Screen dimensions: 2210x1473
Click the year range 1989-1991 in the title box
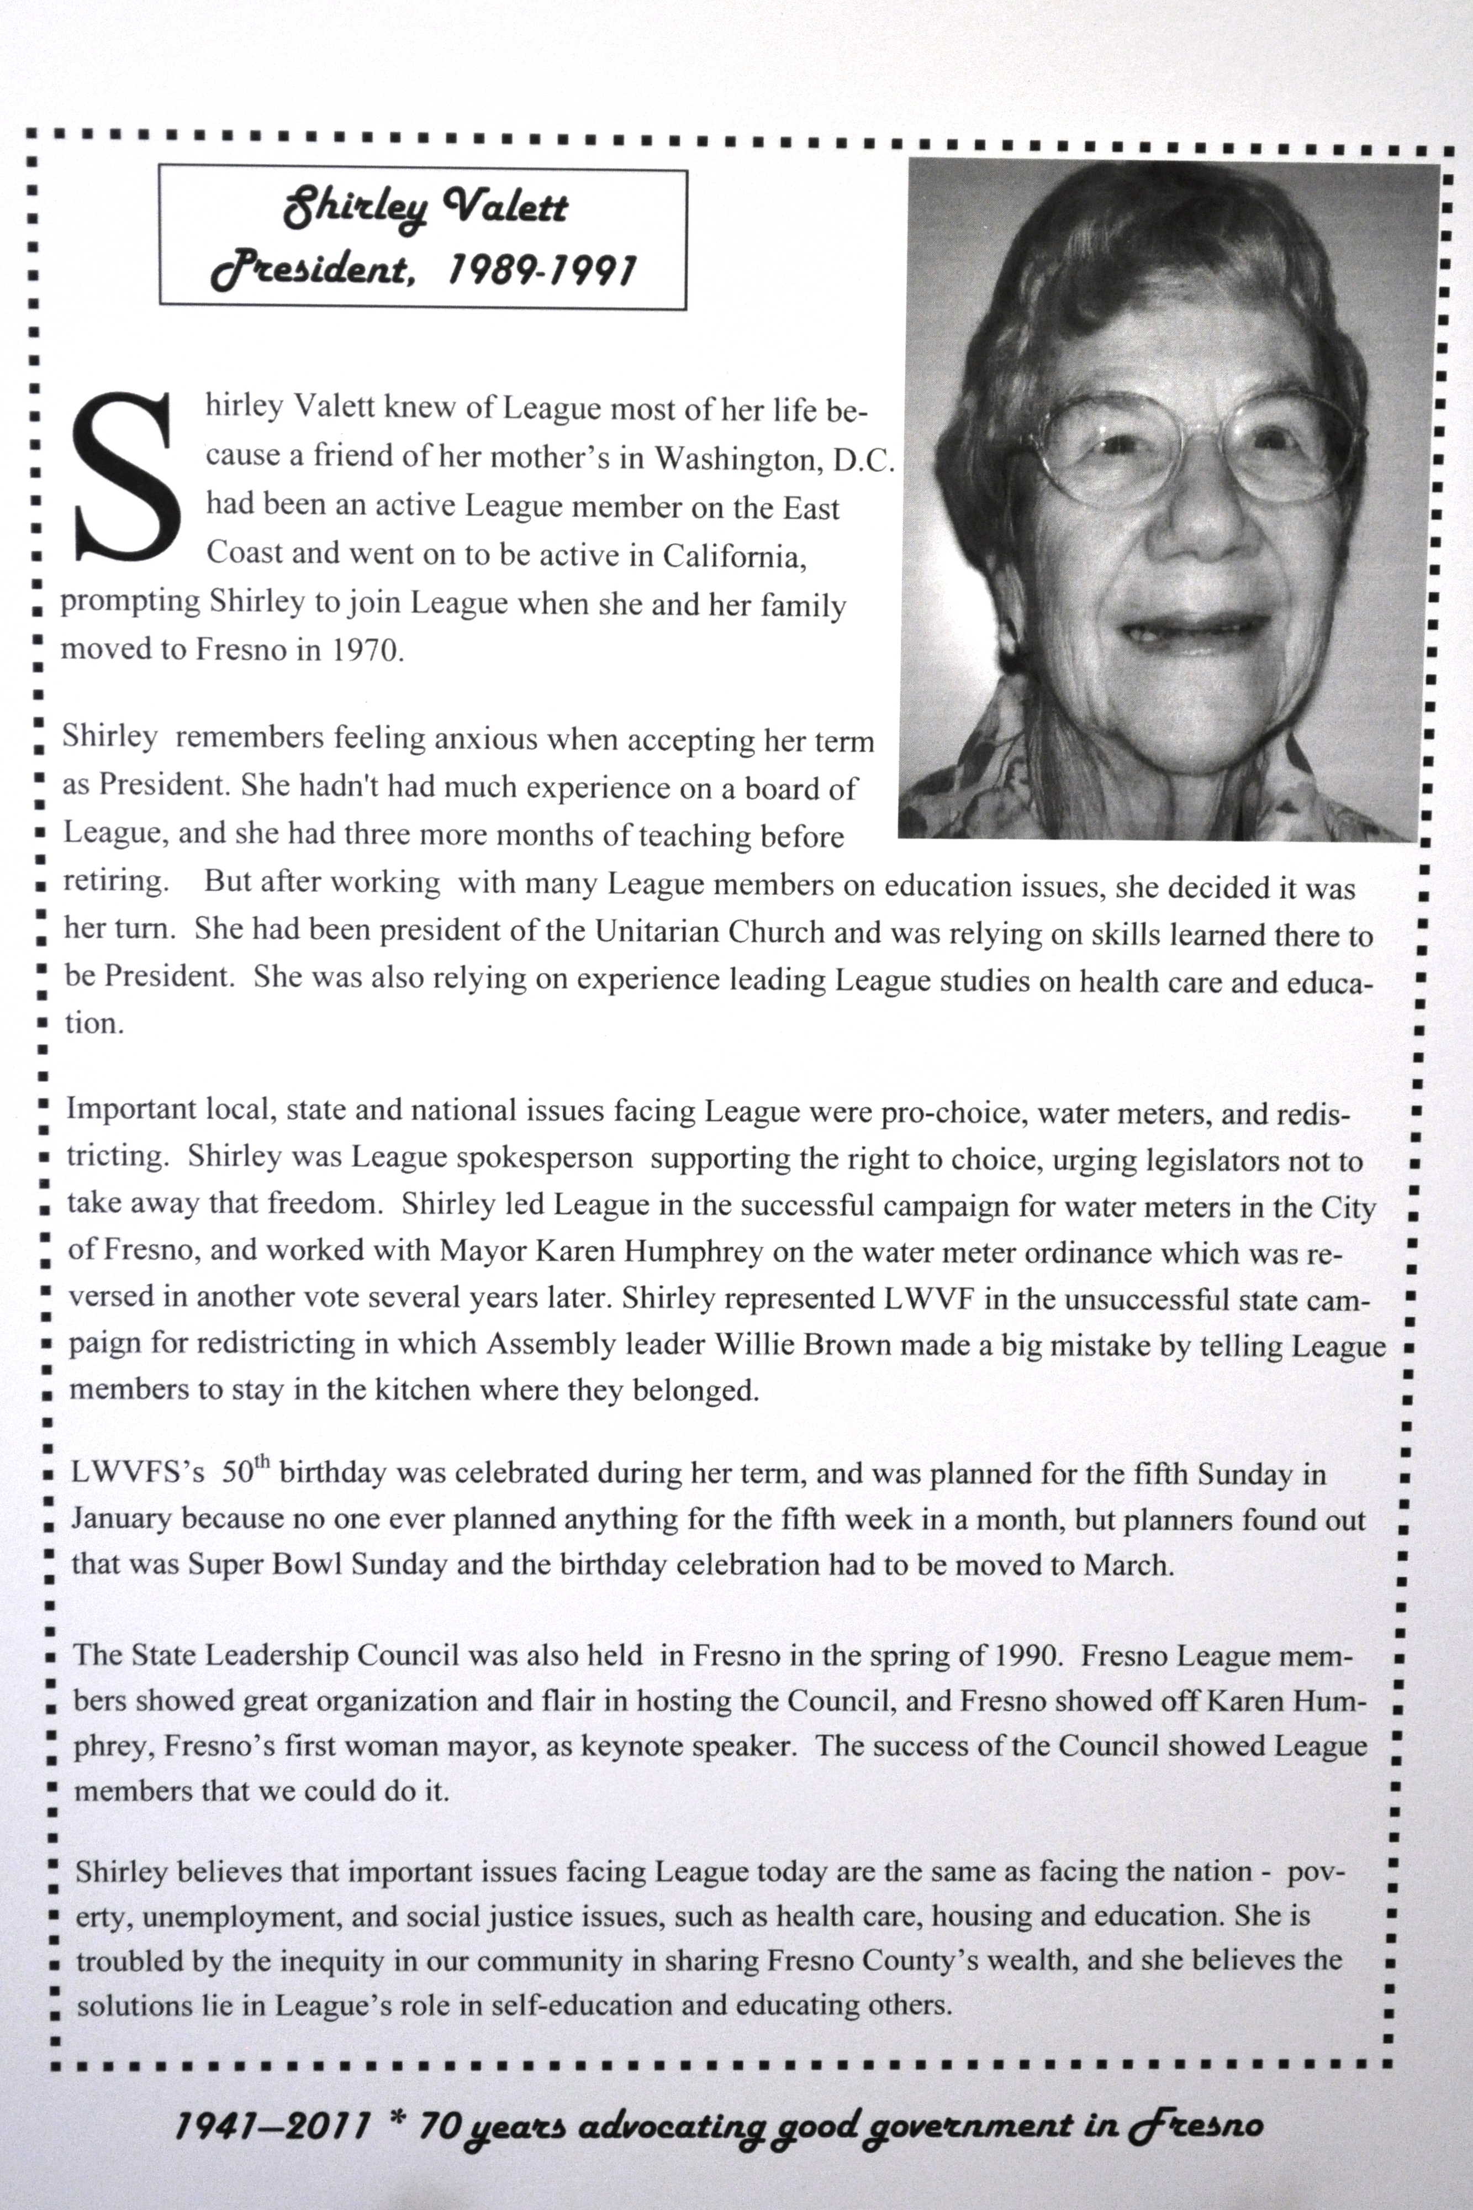tap(542, 271)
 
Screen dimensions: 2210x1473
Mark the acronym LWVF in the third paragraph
tap(913, 1298)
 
